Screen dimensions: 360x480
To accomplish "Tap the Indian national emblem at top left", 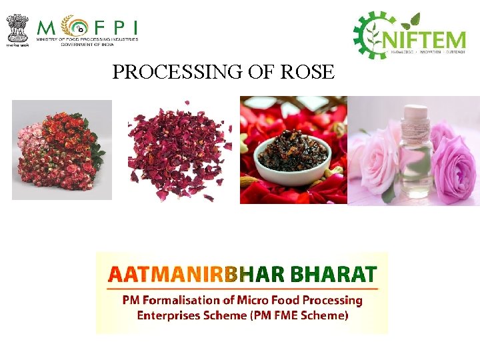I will pos(18,27).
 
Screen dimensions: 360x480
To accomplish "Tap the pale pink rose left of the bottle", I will pos(378,157).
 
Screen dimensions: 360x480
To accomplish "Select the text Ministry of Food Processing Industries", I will pos(87,40).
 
